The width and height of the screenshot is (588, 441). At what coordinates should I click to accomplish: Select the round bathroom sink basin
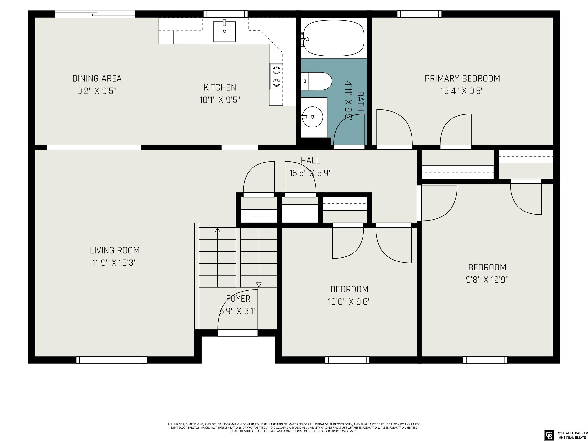pyautogui.click(x=313, y=117)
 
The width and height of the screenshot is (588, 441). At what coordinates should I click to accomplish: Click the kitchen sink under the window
pyautogui.click(x=224, y=32)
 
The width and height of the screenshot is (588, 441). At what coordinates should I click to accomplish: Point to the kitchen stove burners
pyautogui.click(x=276, y=77)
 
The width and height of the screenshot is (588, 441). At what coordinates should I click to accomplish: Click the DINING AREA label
pyautogui.click(x=97, y=79)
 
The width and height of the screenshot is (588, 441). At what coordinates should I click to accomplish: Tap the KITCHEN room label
pyautogui.click(x=220, y=87)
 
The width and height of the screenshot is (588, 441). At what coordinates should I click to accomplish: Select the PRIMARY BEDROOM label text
pyautogui.click(x=462, y=79)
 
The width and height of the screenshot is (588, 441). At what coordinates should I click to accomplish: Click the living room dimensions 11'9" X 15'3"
pyautogui.click(x=115, y=263)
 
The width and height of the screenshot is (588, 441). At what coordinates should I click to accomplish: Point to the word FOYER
pyautogui.click(x=238, y=299)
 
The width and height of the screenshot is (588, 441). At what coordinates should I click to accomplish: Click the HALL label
pyautogui.click(x=310, y=161)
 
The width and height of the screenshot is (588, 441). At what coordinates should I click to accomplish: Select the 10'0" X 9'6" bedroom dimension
pyautogui.click(x=349, y=302)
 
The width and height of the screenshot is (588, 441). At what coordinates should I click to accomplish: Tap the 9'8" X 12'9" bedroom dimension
pyautogui.click(x=487, y=280)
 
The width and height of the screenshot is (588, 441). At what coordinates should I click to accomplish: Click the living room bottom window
pyautogui.click(x=112, y=360)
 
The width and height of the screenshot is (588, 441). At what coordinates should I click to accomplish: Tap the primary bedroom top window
pyautogui.click(x=419, y=14)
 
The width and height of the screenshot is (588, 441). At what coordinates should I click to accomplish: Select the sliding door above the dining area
pyautogui.click(x=95, y=14)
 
